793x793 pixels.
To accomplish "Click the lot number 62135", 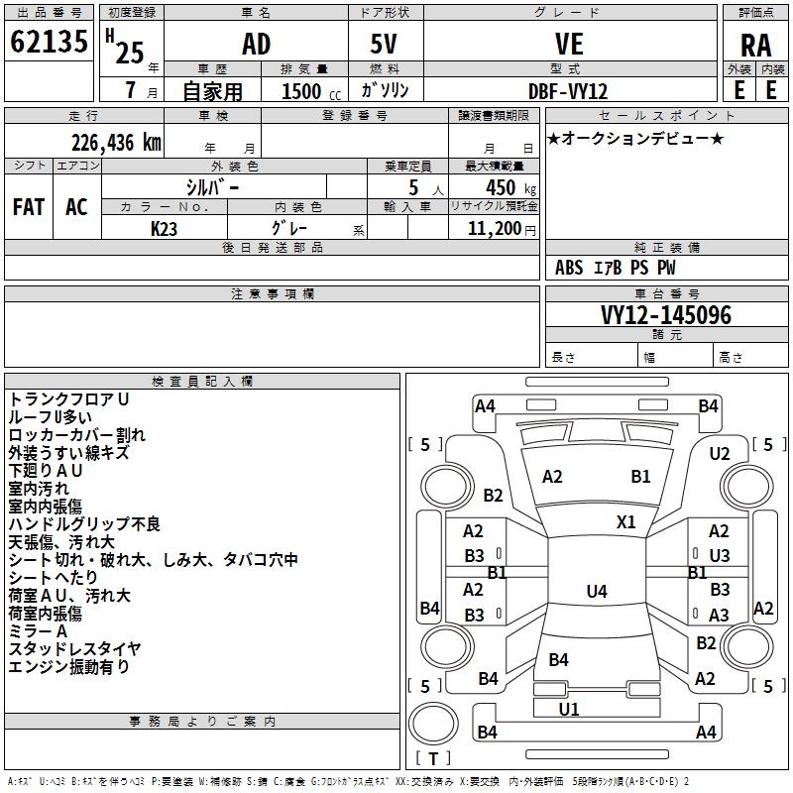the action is tap(50, 43).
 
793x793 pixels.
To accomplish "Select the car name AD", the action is tap(256, 44).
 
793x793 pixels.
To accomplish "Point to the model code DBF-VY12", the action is tap(568, 90).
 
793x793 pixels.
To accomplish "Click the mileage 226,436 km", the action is tap(116, 143).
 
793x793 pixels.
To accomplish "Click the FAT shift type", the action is tap(29, 207).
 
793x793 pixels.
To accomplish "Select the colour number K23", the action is tap(164, 227).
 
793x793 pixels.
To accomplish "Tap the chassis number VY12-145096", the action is tap(666, 316).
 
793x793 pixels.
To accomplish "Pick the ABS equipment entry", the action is tap(569, 268).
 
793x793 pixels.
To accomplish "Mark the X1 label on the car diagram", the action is tap(626, 521).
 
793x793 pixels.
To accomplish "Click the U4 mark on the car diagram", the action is tap(596, 592).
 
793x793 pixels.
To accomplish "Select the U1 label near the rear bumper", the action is tap(569, 709).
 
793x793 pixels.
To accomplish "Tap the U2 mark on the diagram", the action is tap(720, 453).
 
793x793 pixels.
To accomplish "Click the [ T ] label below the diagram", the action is tap(433, 758).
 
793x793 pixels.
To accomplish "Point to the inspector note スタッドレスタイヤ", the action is tap(74, 649).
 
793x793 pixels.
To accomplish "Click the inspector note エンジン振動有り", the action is tap(68, 667).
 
